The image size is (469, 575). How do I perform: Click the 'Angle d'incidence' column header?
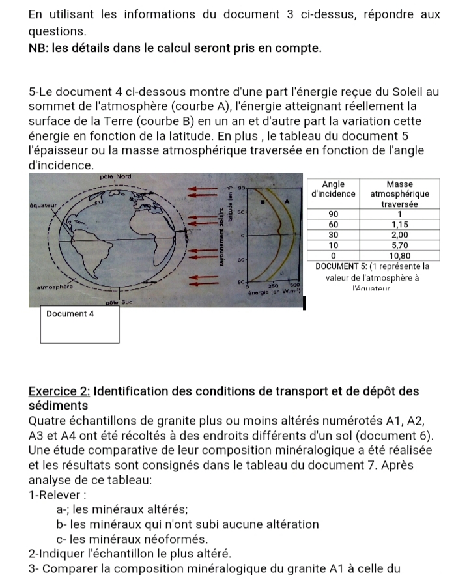coord(334,189)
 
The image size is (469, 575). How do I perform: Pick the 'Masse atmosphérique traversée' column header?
coord(399,194)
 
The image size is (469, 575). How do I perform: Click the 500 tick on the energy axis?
coord(294,285)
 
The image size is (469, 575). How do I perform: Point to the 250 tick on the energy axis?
coord(273,285)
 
